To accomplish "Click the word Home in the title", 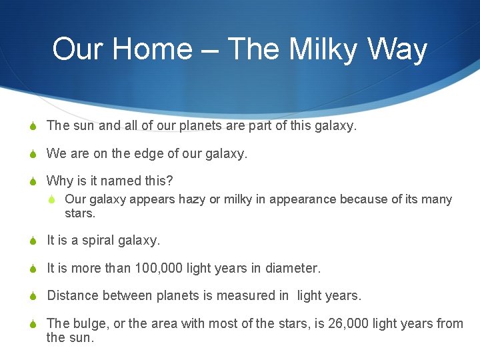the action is (x=153, y=49).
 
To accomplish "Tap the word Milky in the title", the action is (x=323, y=50).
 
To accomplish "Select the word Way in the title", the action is (x=397, y=50).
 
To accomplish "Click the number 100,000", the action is (x=157, y=269).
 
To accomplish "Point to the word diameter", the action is (x=293, y=268).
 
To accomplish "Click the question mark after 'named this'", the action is (x=169, y=181).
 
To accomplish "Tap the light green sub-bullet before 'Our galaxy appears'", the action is (x=52, y=199).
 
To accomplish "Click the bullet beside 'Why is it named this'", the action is (x=33, y=181).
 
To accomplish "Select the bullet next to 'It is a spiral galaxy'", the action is (x=33, y=241).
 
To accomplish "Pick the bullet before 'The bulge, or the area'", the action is (x=33, y=324).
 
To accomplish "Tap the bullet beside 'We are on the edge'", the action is (x=33, y=154).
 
